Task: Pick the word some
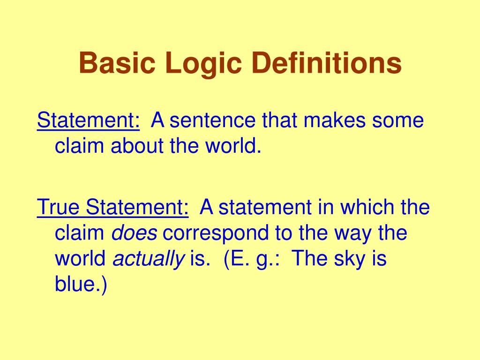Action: [x=398, y=121]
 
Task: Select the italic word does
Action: [x=134, y=233]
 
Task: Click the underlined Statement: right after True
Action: [x=136, y=207]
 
